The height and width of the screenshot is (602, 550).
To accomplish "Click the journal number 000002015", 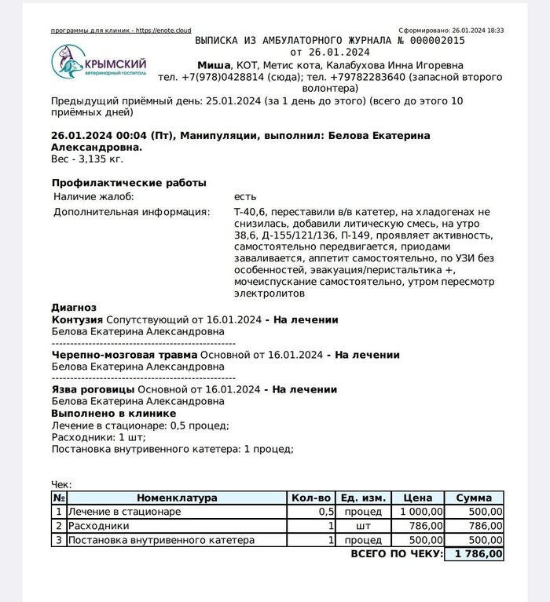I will pos(434,40).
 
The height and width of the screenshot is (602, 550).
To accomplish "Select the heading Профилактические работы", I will pos(129,183).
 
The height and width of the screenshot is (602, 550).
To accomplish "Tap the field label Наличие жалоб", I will pos(93,196).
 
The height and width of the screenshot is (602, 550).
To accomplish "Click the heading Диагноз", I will pos(73,308).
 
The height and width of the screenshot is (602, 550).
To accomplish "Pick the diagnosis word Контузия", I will pos(77,319).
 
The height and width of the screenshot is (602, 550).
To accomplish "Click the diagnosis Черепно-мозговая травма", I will pos(123,355).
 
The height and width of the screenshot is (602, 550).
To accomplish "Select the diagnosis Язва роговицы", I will pos(93,389).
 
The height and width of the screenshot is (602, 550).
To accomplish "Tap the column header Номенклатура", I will pos(177,498).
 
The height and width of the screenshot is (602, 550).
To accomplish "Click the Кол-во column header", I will pos(310,498).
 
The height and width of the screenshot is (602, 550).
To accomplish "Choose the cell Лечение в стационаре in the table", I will pos(124,512).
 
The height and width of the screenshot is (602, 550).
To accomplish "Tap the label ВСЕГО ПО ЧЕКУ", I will pos(395,554).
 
